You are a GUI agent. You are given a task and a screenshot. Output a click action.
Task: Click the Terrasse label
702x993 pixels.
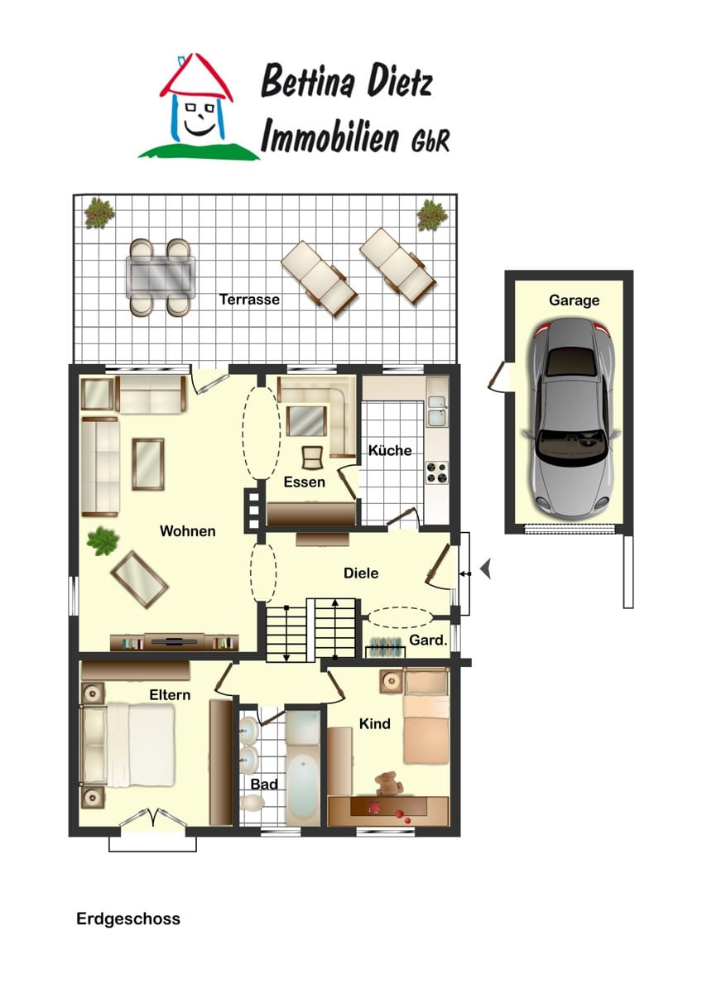(x=249, y=300)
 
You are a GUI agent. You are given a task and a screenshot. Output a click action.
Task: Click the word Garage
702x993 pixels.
(x=574, y=300)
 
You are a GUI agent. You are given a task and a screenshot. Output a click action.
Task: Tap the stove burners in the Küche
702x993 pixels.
(x=437, y=473)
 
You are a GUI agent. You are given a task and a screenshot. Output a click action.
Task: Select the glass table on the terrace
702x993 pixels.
(x=161, y=277)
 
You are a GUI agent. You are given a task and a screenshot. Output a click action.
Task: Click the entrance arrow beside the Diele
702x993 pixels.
(x=486, y=569)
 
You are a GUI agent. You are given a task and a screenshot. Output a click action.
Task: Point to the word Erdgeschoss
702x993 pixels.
(x=128, y=919)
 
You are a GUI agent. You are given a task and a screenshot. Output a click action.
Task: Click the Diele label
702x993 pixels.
(x=361, y=573)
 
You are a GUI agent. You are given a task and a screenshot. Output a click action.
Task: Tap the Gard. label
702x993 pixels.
(x=427, y=640)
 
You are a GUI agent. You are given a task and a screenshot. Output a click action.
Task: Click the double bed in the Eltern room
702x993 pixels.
(x=127, y=746)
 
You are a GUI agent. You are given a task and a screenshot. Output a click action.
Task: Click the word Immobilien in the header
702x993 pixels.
(x=330, y=137)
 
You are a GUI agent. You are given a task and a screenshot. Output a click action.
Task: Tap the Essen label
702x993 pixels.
(x=304, y=482)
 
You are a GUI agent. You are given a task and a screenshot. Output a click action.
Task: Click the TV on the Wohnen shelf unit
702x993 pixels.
(x=174, y=640)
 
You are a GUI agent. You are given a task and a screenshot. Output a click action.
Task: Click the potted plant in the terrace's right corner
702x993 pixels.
(x=430, y=214)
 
